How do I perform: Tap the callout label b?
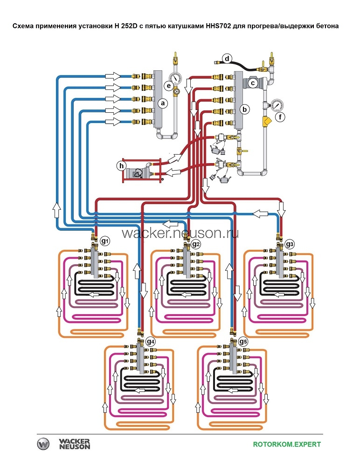tap(245, 110)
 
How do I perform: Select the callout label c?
tap(253, 83)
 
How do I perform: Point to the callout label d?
tap(227, 59)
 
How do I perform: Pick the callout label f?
tap(280, 117)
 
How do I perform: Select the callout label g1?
tap(105, 241)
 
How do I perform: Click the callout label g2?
tap(196, 244)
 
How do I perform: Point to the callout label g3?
tap(290, 244)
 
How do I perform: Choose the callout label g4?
tap(151, 341)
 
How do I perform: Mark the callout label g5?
tap(243, 341)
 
